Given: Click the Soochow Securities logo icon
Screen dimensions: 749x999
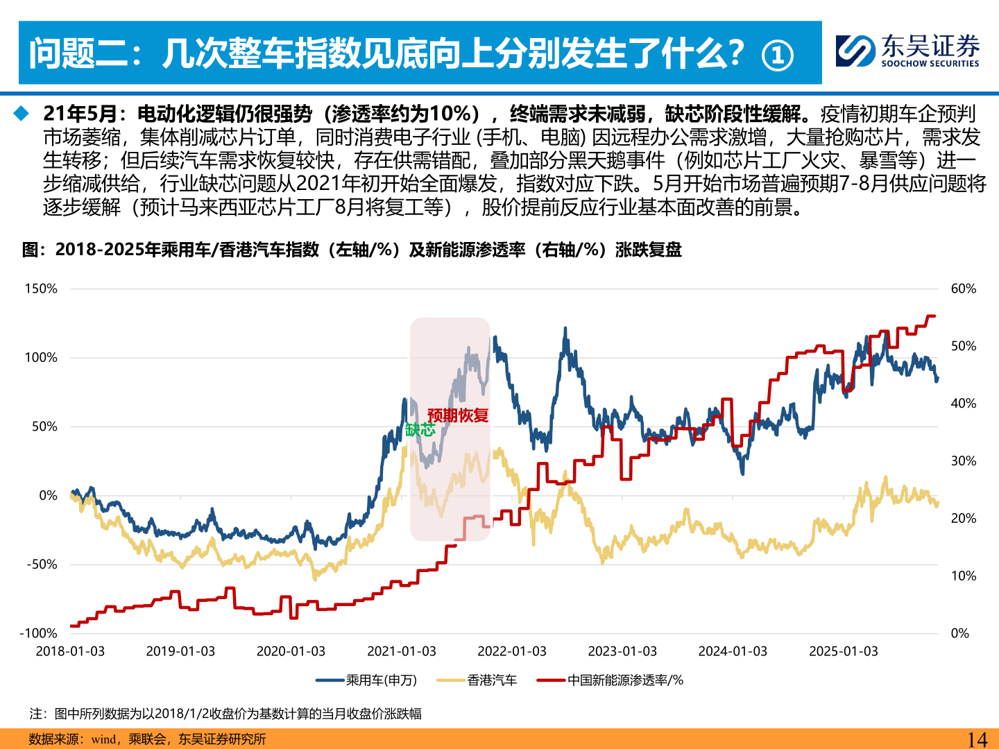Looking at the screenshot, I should pos(855,51).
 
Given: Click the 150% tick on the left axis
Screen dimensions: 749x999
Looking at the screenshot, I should pos(41,289).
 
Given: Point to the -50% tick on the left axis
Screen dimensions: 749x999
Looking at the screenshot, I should pos(42,564).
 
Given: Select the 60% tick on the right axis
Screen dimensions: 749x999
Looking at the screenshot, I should pos(963,289).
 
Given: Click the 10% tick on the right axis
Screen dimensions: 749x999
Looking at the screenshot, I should pos(963,576).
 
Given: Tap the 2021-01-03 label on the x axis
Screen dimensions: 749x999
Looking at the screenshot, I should pos(401,651).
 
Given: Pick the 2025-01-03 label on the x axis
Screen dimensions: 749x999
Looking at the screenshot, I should pos(843,651).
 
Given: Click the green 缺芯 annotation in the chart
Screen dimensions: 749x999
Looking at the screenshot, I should pos(420,430).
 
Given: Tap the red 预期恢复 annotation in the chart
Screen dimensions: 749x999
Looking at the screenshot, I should pos(458,415).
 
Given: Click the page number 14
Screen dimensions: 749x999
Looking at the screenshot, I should pos(977,739).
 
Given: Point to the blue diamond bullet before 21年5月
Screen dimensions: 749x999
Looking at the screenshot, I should pos(22,113).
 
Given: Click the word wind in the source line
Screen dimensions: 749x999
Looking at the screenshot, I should pos(103,739).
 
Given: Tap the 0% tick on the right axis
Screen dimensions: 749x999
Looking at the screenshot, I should pos(959,633).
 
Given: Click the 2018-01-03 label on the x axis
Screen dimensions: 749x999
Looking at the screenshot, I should pos(70,651).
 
